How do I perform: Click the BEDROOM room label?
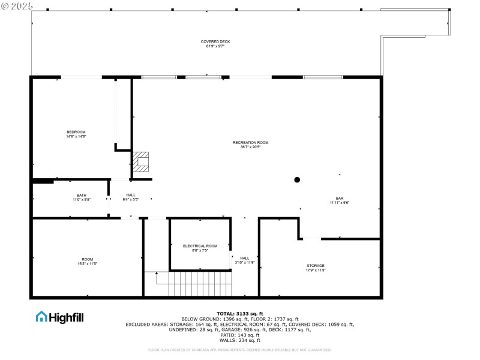click(x=76, y=132)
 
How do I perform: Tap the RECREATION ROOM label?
click(x=250, y=142)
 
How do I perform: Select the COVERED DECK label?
click(x=215, y=41)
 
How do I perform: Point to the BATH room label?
click(x=81, y=195)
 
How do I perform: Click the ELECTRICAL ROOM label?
click(x=200, y=246)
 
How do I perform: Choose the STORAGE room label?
click(x=315, y=265)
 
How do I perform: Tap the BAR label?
click(x=340, y=198)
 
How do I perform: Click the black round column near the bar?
click(x=297, y=179)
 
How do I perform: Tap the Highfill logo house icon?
click(x=41, y=316)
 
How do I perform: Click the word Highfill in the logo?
click(x=66, y=317)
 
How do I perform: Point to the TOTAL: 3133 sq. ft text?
click(x=240, y=313)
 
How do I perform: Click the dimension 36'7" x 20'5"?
click(x=250, y=147)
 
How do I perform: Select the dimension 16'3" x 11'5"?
click(x=88, y=264)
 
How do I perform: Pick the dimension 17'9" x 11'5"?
click(x=315, y=270)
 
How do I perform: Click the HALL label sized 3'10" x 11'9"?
click(x=244, y=258)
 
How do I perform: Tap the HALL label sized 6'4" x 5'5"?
click(x=131, y=195)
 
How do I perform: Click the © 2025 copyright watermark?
click(x=17, y=6)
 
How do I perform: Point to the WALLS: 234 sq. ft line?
click(x=240, y=340)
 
